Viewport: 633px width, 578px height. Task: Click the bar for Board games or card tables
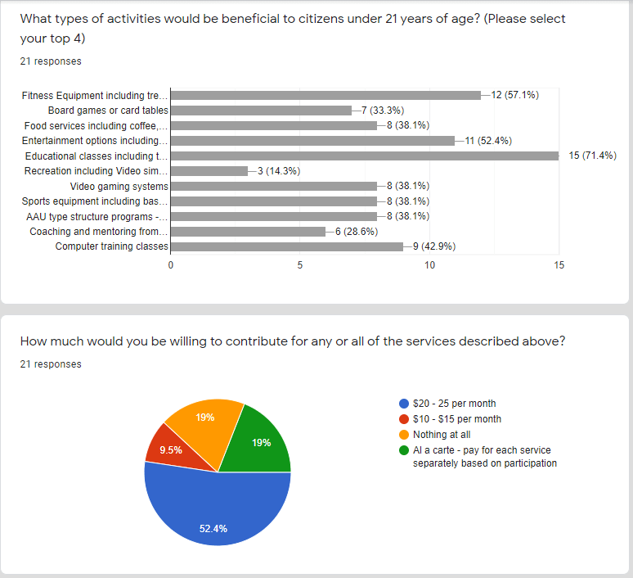click(x=261, y=111)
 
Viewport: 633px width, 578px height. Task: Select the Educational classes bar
click(x=365, y=156)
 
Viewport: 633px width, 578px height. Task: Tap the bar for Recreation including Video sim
click(x=209, y=171)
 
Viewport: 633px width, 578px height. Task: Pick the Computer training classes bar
click(x=287, y=246)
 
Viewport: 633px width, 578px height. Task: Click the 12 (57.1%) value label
click(x=514, y=95)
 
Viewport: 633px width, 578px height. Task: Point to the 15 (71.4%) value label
click(x=592, y=156)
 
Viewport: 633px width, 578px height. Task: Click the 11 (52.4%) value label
click(x=488, y=141)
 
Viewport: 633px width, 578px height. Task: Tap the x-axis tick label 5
click(x=300, y=266)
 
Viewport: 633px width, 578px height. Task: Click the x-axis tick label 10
click(x=430, y=266)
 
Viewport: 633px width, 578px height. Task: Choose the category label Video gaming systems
click(x=119, y=186)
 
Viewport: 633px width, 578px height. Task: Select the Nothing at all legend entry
click(x=442, y=435)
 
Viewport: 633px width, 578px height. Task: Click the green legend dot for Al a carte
click(x=403, y=450)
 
